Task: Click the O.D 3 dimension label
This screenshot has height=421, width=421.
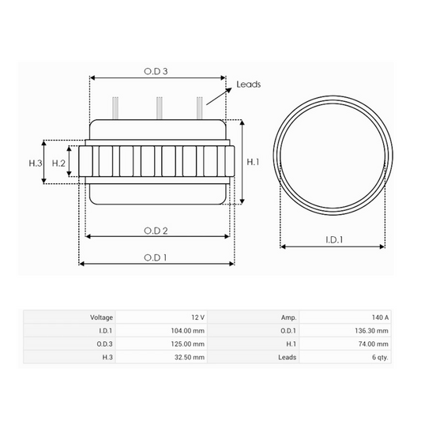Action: (156, 71)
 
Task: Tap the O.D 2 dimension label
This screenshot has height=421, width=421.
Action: (156, 231)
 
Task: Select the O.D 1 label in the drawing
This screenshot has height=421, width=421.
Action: (156, 257)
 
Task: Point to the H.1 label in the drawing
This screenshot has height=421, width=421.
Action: (253, 162)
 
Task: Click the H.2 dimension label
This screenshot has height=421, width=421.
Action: (58, 163)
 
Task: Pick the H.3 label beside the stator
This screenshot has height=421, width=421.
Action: (36, 163)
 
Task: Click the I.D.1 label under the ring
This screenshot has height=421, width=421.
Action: (334, 239)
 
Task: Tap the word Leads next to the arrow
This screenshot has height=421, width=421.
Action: (249, 85)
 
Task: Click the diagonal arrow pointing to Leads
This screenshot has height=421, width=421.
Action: (219, 96)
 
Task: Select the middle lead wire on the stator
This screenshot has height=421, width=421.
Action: (160, 108)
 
